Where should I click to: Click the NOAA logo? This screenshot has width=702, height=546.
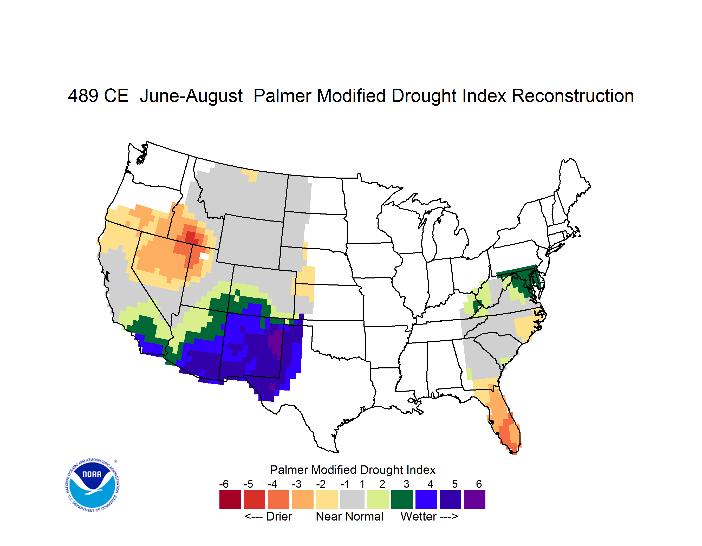click(93, 485)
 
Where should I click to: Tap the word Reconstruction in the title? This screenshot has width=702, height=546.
click(573, 96)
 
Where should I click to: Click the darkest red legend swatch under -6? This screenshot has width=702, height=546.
click(230, 499)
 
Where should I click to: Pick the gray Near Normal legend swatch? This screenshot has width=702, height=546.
click(352, 499)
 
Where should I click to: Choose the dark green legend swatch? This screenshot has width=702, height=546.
click(402, 499)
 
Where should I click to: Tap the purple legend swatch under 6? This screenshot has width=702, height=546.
click(474, 499)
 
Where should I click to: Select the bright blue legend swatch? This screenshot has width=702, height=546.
click(426, 499)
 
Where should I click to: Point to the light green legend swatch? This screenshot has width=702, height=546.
click(378, 499)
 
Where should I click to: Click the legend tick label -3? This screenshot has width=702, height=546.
click(296, 484)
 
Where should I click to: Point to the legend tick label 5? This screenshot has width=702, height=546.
click(455, 484)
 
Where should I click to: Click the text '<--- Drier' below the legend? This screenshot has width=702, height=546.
click(268, 516)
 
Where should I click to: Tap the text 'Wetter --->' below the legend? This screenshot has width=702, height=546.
click(429, 516)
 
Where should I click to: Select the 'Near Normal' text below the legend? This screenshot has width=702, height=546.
click(349, 516)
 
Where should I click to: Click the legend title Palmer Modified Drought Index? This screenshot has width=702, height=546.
click(353, 470)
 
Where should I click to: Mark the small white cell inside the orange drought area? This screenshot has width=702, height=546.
click(204, 256)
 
